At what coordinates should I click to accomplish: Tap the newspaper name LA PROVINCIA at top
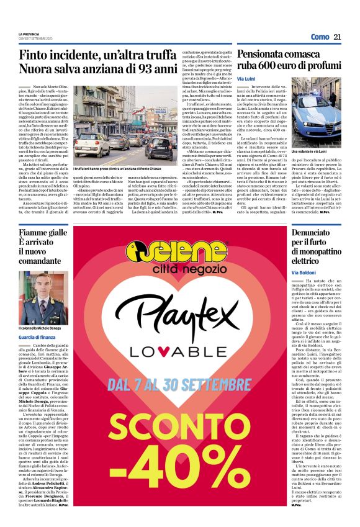pyautogui.click(x=31, y=34)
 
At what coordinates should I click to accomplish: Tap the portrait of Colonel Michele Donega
pyautogui.click(x=43, y=298)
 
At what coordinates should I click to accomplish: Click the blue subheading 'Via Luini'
pyautogui.click(x=246, y=81)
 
